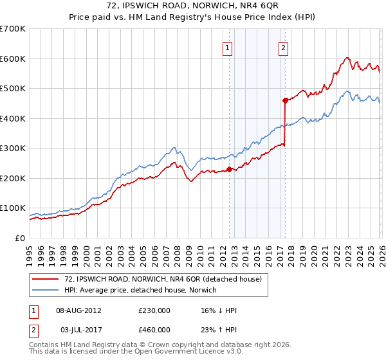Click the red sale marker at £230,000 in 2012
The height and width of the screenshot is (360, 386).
(229, 170)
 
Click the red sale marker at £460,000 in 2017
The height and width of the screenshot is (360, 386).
(284, 100)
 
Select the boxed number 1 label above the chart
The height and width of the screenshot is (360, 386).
(228, 46)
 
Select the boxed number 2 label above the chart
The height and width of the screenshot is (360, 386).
(284, 46)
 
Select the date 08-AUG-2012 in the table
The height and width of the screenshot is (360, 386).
(78, 310)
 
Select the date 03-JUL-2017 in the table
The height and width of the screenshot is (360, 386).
(78, 332)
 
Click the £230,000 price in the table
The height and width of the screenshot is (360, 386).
(154, 310)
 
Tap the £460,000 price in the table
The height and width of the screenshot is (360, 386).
(154, 332)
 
